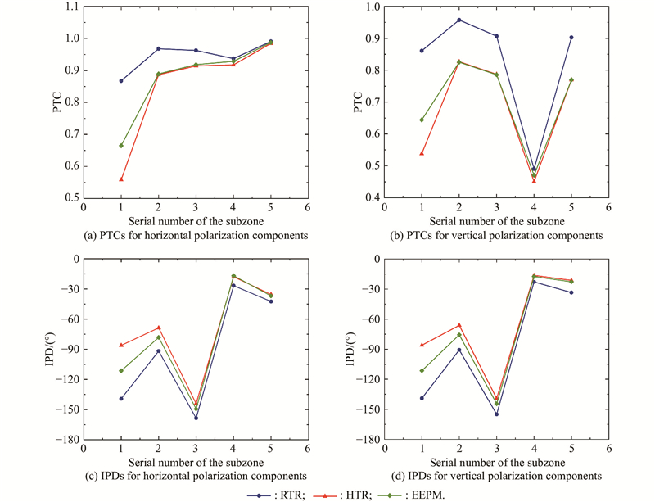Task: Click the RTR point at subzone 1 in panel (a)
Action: click(x=121, y=80)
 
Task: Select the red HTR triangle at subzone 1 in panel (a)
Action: click(x=121, y=179)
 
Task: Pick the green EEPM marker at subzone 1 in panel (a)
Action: click(x=121, y=145)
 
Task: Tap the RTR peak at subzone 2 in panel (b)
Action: click(x=459, y=20)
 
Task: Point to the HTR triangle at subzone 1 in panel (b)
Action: click(x=422, y=153)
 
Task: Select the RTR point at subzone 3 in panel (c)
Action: click(x=196, y=418)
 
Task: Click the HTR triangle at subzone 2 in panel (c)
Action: click(x=158, y=328)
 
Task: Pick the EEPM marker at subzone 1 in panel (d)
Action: click(x=422, y=370)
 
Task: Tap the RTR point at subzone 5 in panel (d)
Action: click(x=571, y=292)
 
